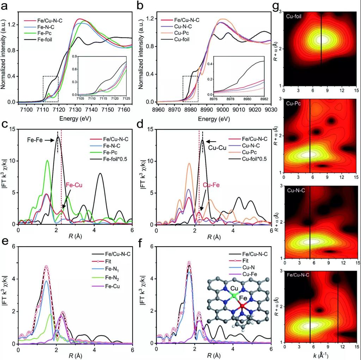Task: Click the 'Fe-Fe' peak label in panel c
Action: [x=35, y=140]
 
